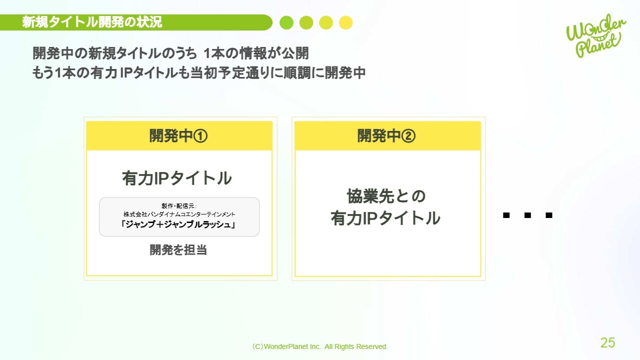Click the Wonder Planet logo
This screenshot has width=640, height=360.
[595, 35]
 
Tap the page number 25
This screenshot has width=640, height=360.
[607, 342]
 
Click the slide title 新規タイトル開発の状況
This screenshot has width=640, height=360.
[92, 22]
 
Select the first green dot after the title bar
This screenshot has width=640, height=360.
[286, 22]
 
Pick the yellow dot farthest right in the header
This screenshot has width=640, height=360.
[345, 22]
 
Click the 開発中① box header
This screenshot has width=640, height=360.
[179, 135]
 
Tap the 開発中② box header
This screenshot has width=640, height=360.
[387, 135]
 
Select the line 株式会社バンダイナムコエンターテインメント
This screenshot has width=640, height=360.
[179, 214]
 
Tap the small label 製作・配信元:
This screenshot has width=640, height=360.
[179, 206]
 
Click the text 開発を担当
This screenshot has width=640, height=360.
[178, 249]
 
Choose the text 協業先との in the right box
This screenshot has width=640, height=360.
[386, 196]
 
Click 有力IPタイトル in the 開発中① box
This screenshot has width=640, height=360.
[177, 178]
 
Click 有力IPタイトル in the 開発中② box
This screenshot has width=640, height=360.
[385, 218]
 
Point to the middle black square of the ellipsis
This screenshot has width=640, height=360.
[527, 215]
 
